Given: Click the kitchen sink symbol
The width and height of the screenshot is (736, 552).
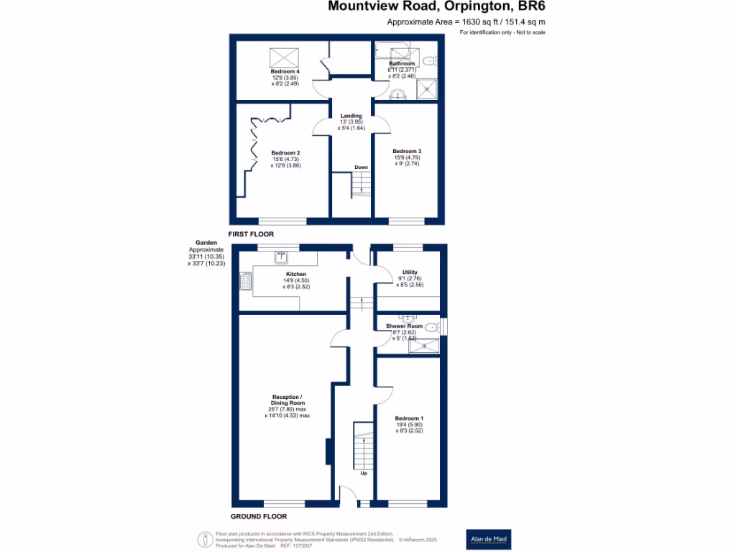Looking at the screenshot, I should click(x=282, y=256).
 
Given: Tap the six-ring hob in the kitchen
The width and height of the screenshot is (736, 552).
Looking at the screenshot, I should click(x=246, y=281).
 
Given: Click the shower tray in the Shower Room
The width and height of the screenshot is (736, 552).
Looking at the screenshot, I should click(x=423, y=347).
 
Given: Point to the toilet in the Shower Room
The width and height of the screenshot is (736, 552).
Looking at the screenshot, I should click(x=431, y=328).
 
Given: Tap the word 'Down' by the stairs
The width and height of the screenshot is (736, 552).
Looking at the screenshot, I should click(x=361, y=167).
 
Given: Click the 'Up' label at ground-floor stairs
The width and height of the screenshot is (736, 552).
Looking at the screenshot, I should click(x=364, y=473).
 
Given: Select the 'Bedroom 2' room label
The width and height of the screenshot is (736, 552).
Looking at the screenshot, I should click(x=285, y=153).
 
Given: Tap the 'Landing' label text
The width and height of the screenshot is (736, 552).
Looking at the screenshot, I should click(x=351, y=116).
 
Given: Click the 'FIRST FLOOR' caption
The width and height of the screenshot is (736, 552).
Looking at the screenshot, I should click(x=251, y=234).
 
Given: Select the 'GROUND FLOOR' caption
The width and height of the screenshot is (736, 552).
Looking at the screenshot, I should click(x=259, y=516).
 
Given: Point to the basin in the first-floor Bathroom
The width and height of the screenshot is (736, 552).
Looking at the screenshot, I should click(x=397, y=94).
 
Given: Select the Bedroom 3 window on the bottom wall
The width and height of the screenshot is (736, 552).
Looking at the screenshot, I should click(x=406, y=219).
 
